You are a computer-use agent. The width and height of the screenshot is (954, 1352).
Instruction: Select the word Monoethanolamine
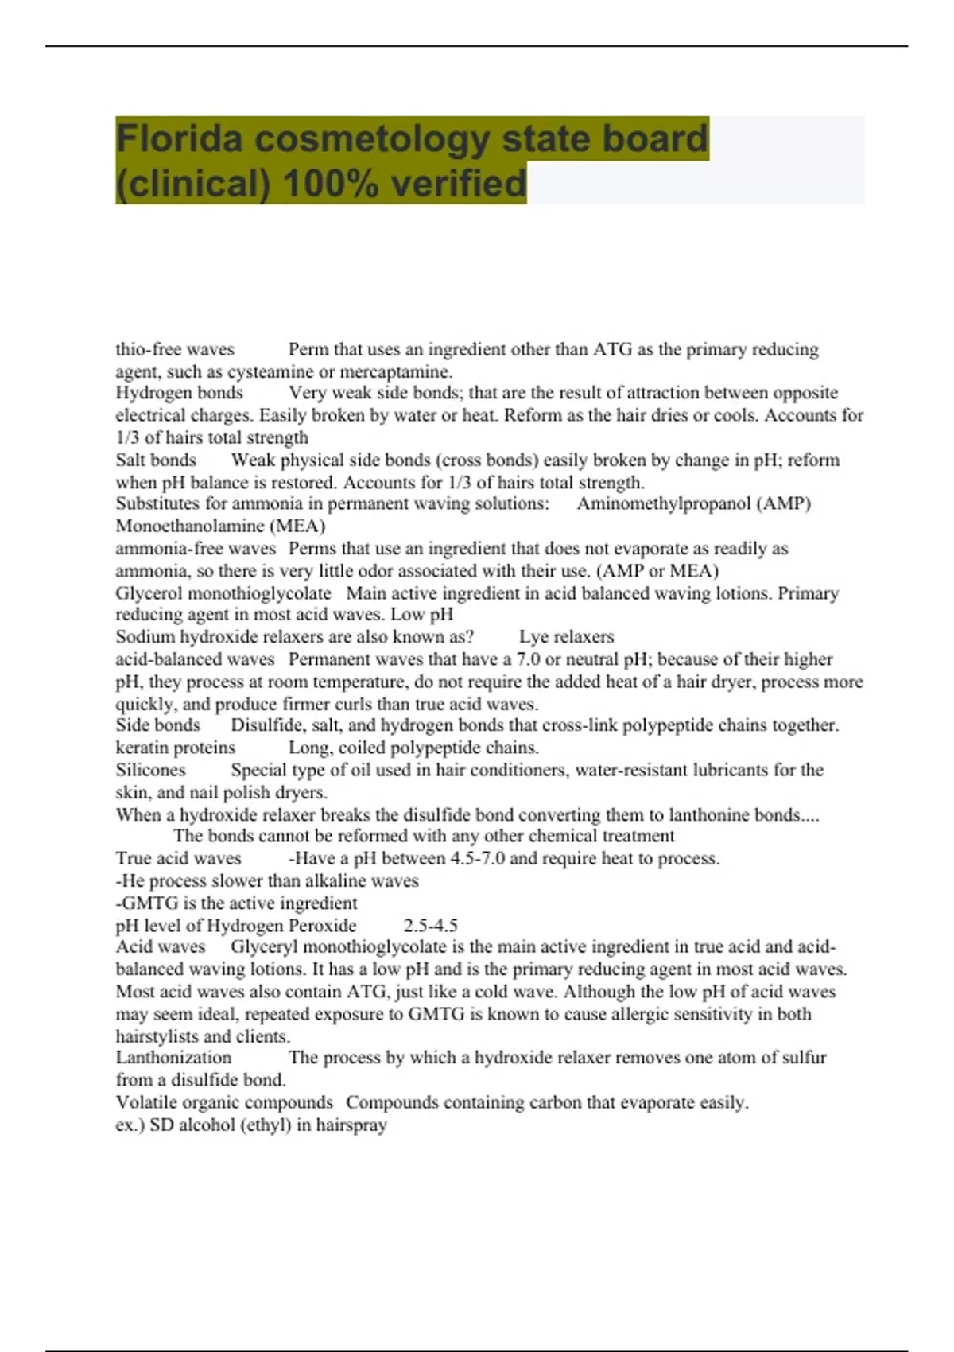(188, 526)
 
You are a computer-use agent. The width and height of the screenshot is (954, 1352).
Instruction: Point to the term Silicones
(150, 770)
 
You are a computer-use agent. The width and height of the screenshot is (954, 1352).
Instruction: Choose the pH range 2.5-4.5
(430, 925)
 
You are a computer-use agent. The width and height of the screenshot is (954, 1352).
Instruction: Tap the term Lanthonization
(173, 1058)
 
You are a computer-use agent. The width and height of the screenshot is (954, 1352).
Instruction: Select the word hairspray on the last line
(351, 1125)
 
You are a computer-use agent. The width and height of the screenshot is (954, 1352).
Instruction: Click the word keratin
(142, 748)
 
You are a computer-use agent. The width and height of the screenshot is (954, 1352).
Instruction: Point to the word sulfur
(802, 1058)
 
